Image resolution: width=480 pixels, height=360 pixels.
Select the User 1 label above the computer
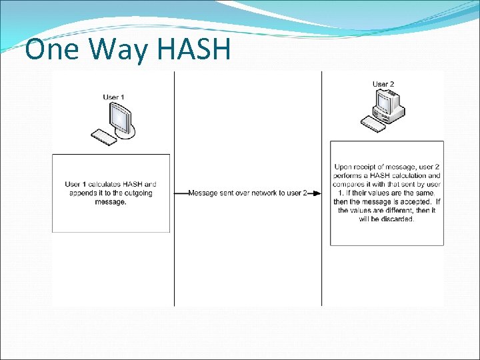(113, 97)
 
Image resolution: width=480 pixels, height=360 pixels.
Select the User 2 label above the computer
(383, 84)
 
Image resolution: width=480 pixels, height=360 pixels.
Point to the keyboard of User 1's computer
(104, 137)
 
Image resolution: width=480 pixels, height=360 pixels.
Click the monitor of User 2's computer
(385, 101)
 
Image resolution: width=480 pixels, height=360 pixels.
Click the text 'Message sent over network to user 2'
(247, 193)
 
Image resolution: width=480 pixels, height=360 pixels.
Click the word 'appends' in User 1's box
(83, 193)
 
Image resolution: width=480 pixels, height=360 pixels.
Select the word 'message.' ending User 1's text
(111, 202)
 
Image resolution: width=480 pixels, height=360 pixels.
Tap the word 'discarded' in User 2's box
(395, 219)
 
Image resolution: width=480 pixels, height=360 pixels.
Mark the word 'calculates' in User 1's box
(105, 185)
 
